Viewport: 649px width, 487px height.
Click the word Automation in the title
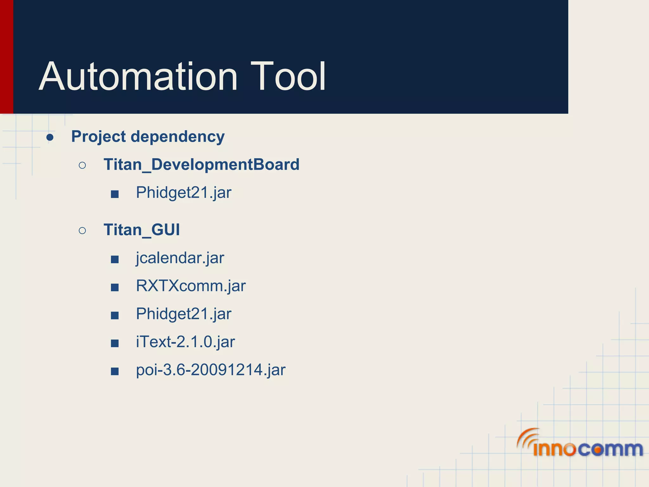(x=138, y=77)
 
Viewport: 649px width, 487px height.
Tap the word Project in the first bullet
(x=99, y=137)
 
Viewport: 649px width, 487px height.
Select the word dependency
(x=177, y=137)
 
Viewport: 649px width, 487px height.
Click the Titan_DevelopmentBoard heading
(x=201, y=165)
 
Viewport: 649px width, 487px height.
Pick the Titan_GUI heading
(x=142, y=230)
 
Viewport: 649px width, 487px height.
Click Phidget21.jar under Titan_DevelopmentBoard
(x=183, y=192)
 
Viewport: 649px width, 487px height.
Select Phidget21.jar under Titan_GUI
(x=183, y=314)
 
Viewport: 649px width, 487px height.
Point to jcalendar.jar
(x=180, y=258)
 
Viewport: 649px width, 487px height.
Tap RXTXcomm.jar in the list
(x=190, y=286)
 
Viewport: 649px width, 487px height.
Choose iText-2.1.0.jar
(x=185, y=342)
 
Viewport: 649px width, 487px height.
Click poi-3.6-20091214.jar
(x=210, y=370)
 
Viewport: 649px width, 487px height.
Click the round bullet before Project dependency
(x=50, y=137)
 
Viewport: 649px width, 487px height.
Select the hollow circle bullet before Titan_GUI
(x=82, y=231)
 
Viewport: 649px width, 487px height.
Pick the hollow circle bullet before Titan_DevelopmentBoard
(x=82, y=165)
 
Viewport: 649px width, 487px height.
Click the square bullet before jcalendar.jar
(x=115, y=260)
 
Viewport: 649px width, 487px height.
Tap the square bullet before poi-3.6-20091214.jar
(x=115, y=371)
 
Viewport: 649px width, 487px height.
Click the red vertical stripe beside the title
(x=6, y=57)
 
